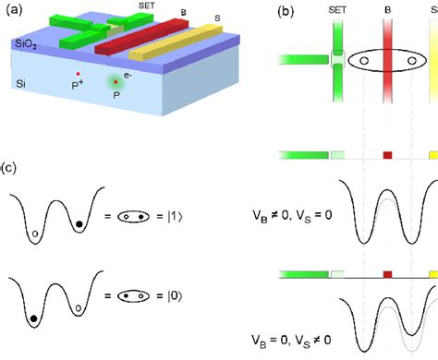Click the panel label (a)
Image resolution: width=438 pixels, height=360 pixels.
click(x=13, y=12)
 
